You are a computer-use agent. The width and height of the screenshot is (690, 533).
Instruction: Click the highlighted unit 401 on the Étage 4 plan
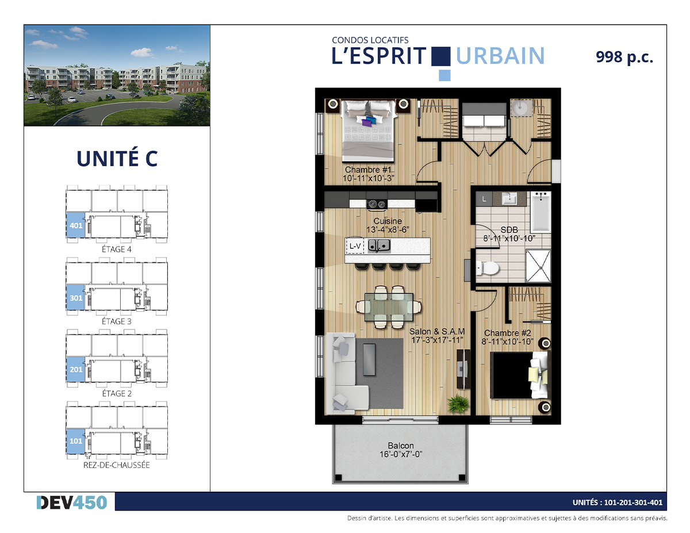(x=76, y=225)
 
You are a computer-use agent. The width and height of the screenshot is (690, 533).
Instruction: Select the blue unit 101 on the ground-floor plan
(x=76, y=441)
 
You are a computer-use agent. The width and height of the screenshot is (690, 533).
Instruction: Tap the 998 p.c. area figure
(x=624, y=57)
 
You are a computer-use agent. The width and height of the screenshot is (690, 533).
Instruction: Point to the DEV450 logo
(x=72, y=503)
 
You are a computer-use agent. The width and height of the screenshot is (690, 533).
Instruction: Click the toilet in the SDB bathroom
(x=487, y=268)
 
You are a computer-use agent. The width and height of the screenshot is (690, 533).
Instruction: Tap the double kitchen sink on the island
(x=379, y=246)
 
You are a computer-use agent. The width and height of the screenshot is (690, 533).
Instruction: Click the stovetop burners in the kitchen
(x=377, y=204)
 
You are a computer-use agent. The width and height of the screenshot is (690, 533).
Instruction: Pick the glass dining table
(x=389, y=307)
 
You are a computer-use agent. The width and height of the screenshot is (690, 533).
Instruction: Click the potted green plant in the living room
(x=458, y=404)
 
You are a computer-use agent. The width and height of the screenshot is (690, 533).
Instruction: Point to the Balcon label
(x=401, y=446)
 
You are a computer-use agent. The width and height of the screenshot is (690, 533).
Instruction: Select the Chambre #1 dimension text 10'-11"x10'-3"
(x=369, y=178)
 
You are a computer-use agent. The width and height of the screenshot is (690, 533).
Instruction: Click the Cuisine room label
(x=388, y=221)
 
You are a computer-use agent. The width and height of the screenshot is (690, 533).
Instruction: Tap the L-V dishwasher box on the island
(x=355, y=246)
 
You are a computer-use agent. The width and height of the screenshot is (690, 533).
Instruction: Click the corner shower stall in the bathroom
(x=538, y=266)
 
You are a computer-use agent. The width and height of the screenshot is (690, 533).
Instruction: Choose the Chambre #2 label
(x=507, y=333)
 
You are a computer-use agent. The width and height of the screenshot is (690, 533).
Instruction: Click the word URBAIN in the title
(x=500, y=56)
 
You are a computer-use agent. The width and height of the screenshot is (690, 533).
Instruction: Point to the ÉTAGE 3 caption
(x=117, y=321)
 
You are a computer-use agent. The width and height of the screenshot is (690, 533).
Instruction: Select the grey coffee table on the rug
(x=369, y=360)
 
